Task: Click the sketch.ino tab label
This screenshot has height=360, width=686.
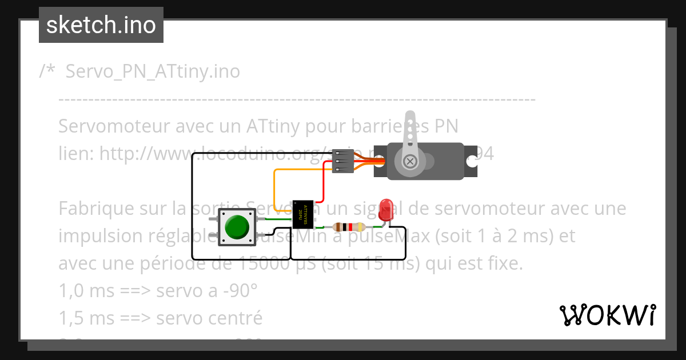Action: [101, 25]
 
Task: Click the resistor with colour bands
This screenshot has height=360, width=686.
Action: [349, 227]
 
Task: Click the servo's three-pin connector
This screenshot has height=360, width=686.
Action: [342, 161]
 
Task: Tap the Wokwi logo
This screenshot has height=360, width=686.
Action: [607, 315]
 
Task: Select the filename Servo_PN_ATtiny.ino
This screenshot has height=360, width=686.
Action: [153, 72]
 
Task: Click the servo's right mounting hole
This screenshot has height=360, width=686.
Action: [472, 161]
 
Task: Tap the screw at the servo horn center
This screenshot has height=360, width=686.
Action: [410, 161]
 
